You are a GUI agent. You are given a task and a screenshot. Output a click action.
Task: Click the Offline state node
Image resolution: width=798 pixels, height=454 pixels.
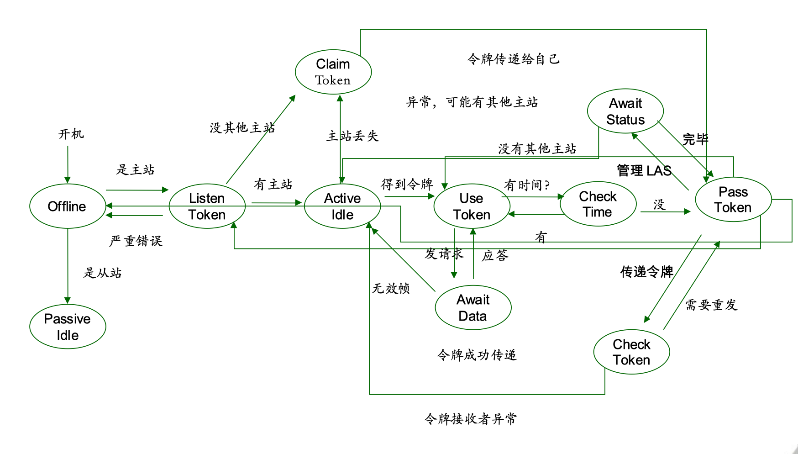68,206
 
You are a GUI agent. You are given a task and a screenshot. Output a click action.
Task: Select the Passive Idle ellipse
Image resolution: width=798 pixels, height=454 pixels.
68,327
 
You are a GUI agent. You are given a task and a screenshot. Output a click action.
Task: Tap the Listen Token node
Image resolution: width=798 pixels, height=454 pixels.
207,206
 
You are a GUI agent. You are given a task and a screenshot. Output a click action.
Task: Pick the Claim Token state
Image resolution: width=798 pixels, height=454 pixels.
333,72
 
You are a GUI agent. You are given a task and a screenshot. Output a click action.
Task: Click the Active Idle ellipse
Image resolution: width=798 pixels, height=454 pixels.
342,206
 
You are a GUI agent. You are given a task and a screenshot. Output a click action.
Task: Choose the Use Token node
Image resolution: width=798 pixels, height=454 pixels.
472,206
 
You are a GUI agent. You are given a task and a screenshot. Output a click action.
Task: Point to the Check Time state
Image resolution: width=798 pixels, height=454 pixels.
598,204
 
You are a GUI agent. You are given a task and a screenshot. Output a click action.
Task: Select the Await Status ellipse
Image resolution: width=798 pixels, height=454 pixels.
625,111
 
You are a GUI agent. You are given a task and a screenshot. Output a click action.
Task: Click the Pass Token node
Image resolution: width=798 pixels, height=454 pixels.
733,200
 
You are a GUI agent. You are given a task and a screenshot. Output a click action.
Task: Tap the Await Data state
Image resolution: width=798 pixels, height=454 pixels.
473,307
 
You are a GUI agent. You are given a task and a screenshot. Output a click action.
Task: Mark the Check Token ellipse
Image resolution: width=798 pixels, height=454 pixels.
631,352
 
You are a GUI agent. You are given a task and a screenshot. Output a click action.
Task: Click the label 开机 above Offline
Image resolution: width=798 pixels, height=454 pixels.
71,134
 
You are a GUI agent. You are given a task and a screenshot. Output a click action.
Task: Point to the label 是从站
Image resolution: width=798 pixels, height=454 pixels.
102,273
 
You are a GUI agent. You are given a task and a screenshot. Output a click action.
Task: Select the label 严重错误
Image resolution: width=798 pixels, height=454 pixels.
136,241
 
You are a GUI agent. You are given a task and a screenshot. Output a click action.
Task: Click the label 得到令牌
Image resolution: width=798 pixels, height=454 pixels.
407,184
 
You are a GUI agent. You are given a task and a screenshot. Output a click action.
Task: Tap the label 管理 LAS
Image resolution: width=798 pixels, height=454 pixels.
644,170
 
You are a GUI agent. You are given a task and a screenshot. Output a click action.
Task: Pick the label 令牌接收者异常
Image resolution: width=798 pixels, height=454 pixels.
470,418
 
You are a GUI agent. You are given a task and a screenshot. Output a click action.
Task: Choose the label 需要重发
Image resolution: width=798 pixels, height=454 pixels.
711,305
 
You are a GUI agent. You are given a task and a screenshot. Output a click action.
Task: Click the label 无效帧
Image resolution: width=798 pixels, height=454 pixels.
391,288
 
